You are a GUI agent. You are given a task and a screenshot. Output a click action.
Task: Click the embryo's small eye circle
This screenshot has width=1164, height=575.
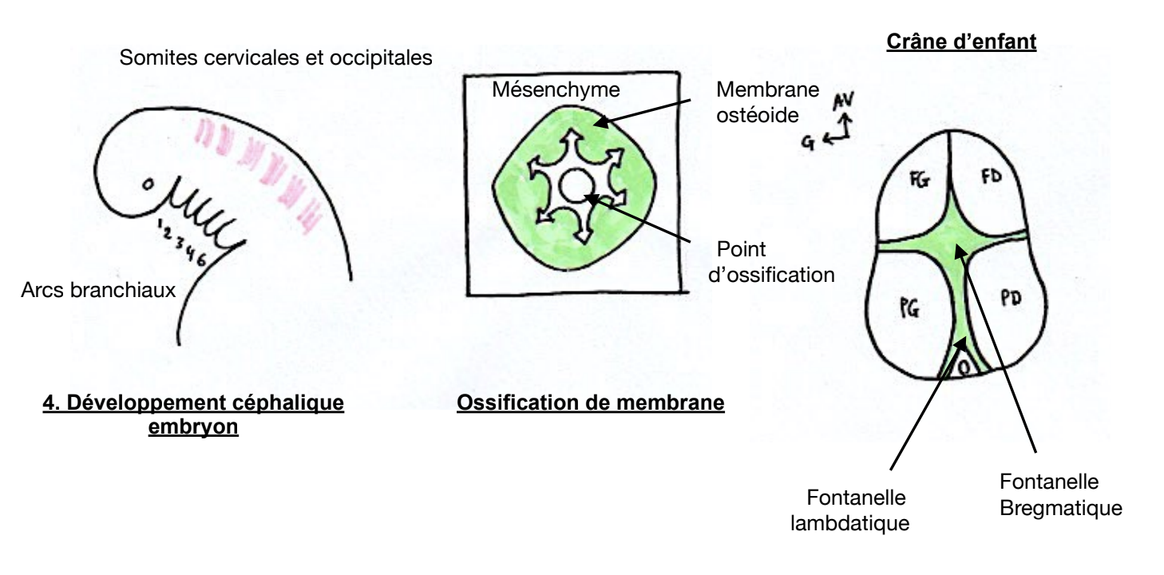click(x=146, y=186)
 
